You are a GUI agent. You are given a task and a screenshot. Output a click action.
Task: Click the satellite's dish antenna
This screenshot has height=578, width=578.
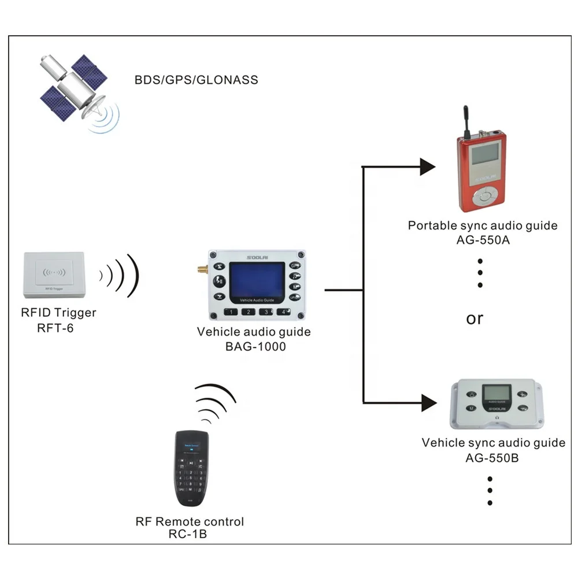[92, 108]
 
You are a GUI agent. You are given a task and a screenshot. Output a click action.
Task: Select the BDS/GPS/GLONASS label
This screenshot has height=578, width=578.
[197, 80]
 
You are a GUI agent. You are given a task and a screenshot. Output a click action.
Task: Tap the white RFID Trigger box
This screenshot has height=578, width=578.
[54, 271]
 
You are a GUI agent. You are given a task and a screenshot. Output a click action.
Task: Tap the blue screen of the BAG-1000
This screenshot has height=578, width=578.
[257, 280]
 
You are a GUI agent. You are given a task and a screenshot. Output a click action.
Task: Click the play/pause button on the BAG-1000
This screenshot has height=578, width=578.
[219, 281]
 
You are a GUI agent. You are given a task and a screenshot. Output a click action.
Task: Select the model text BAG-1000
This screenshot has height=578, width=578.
[253, 347]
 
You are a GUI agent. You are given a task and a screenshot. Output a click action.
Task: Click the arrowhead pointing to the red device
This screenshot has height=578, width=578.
[427, 167]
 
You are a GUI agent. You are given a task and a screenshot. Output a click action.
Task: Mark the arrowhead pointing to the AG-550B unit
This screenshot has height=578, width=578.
[428, 402]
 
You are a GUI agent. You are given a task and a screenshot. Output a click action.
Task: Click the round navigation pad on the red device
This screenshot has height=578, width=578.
[483, 197]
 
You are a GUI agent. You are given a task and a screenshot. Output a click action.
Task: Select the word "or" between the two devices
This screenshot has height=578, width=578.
[474, 318]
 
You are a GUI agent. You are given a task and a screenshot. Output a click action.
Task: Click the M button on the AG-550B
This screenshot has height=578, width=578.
[472, 408]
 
